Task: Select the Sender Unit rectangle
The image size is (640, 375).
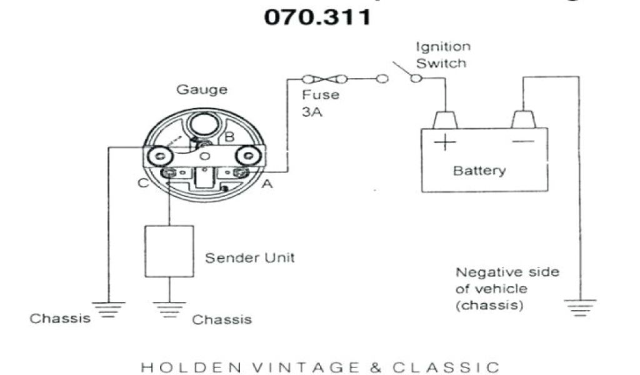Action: point(169,251)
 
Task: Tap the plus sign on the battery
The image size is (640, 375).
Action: point(445,142)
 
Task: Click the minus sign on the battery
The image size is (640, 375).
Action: point(522,142)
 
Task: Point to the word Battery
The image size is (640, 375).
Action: point(480,171)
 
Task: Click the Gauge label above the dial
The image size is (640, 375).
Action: point(202,89)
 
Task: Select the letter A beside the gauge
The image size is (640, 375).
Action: point(267,183)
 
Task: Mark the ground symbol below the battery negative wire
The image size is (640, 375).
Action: point(580,306)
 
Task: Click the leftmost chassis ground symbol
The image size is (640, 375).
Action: point(108,309)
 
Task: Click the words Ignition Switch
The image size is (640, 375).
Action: point(442,55)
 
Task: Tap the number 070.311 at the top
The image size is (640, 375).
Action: point(317,17)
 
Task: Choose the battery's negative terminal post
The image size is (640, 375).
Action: point(523,119)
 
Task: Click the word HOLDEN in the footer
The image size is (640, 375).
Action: point(180,367)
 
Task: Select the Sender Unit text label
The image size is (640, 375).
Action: point(250,257)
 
